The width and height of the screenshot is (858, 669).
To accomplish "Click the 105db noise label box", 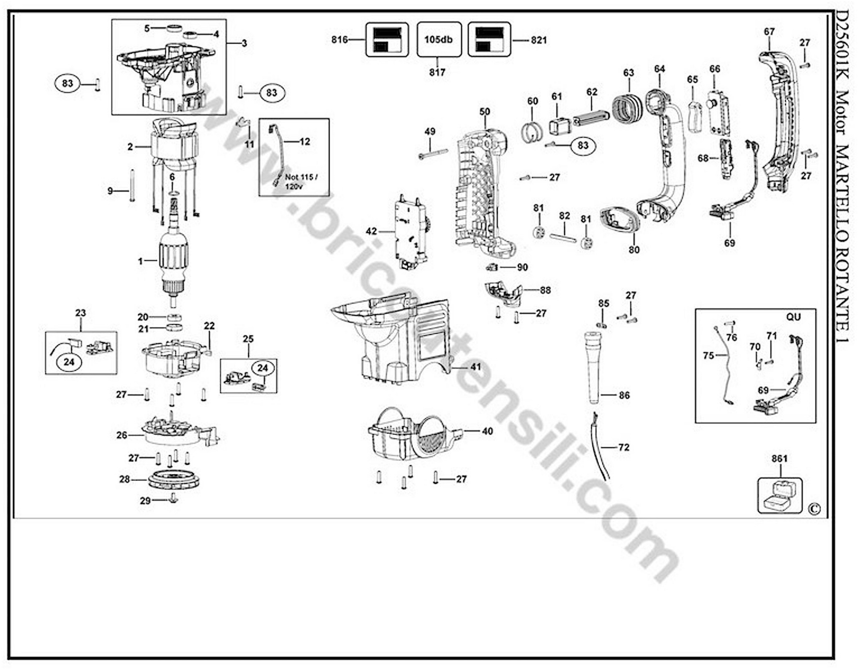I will coord(439,40).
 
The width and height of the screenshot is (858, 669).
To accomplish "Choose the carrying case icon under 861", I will coord(779,496).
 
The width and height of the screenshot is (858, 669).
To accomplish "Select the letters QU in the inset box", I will coord(793,317).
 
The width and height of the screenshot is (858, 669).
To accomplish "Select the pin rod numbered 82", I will coord(563,237).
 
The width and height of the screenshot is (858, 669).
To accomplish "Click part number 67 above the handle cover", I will coord(769,31).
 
